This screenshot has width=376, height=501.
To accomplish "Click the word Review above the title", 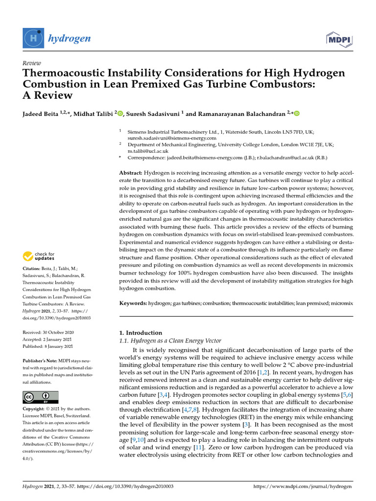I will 32,63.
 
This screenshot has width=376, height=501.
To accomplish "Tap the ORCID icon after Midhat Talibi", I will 120,114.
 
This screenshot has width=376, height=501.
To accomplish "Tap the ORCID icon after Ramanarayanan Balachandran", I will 296,114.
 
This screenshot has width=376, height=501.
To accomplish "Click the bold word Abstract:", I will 131,173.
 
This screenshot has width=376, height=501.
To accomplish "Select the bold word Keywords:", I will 133,304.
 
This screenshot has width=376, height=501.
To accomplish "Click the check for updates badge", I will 39,256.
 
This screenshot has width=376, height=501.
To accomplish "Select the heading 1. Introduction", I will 141,333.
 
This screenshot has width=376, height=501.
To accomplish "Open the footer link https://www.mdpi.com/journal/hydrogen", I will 303,487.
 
